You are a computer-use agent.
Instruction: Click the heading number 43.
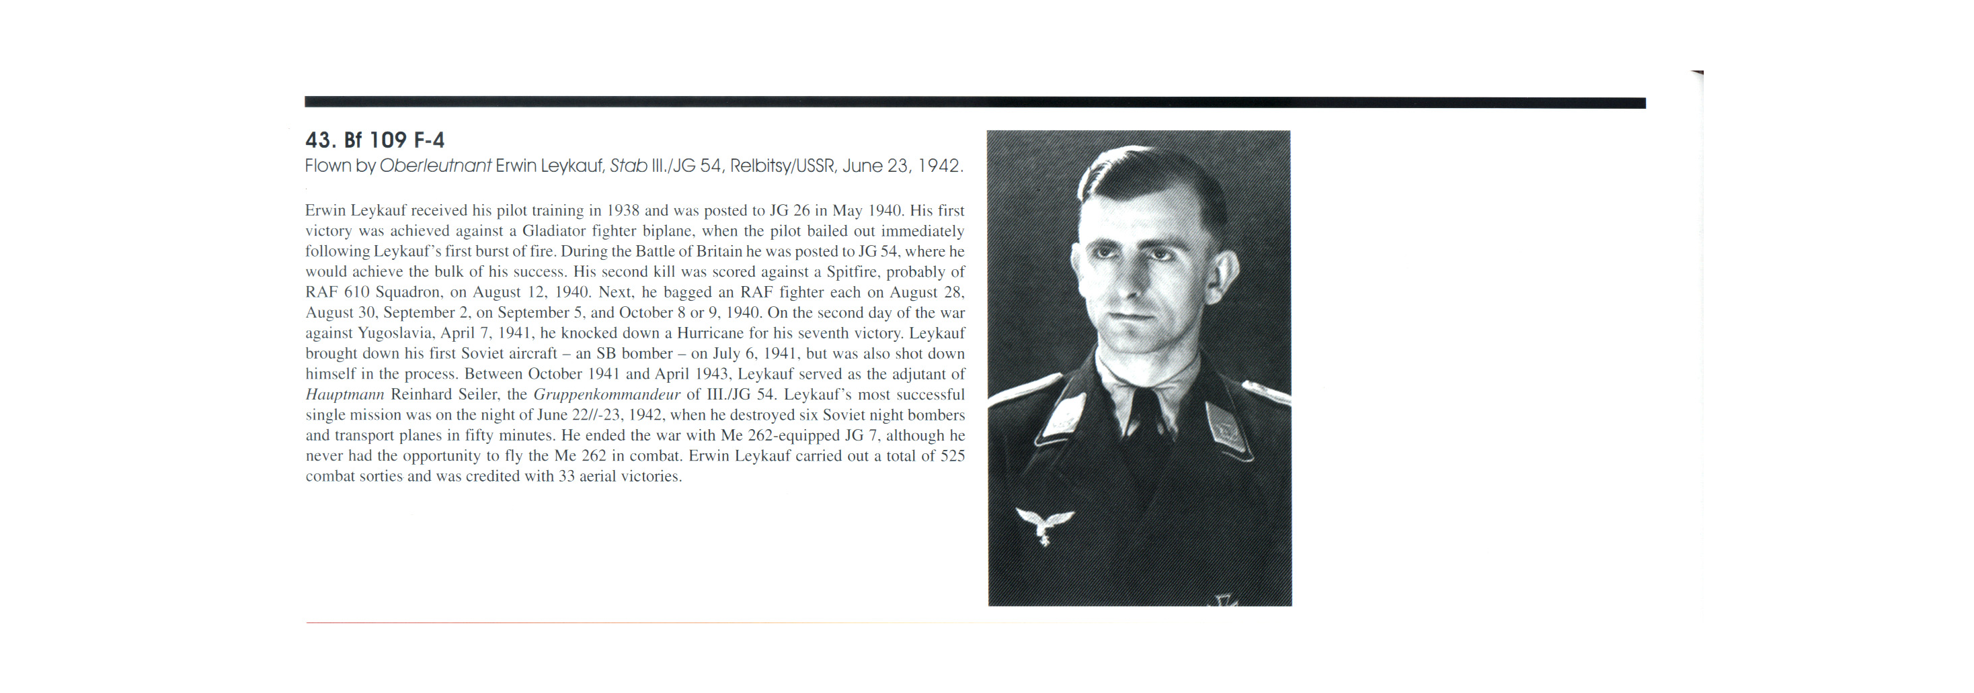[319, 140]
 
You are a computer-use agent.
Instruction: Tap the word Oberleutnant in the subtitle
[435, 166]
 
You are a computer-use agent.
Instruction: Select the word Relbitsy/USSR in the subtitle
[782, 166]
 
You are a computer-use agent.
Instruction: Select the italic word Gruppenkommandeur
[606, 395]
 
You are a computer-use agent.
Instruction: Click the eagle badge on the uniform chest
[1043, 525]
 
